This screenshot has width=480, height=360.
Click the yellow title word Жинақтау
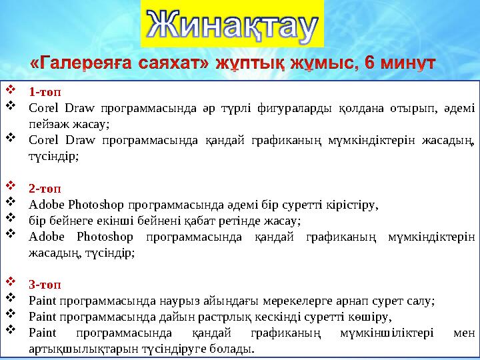[233, 25]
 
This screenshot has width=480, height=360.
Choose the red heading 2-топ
[43, 188]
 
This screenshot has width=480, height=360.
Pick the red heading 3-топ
[43, 285]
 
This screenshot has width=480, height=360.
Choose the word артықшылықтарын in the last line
[76, 349]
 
